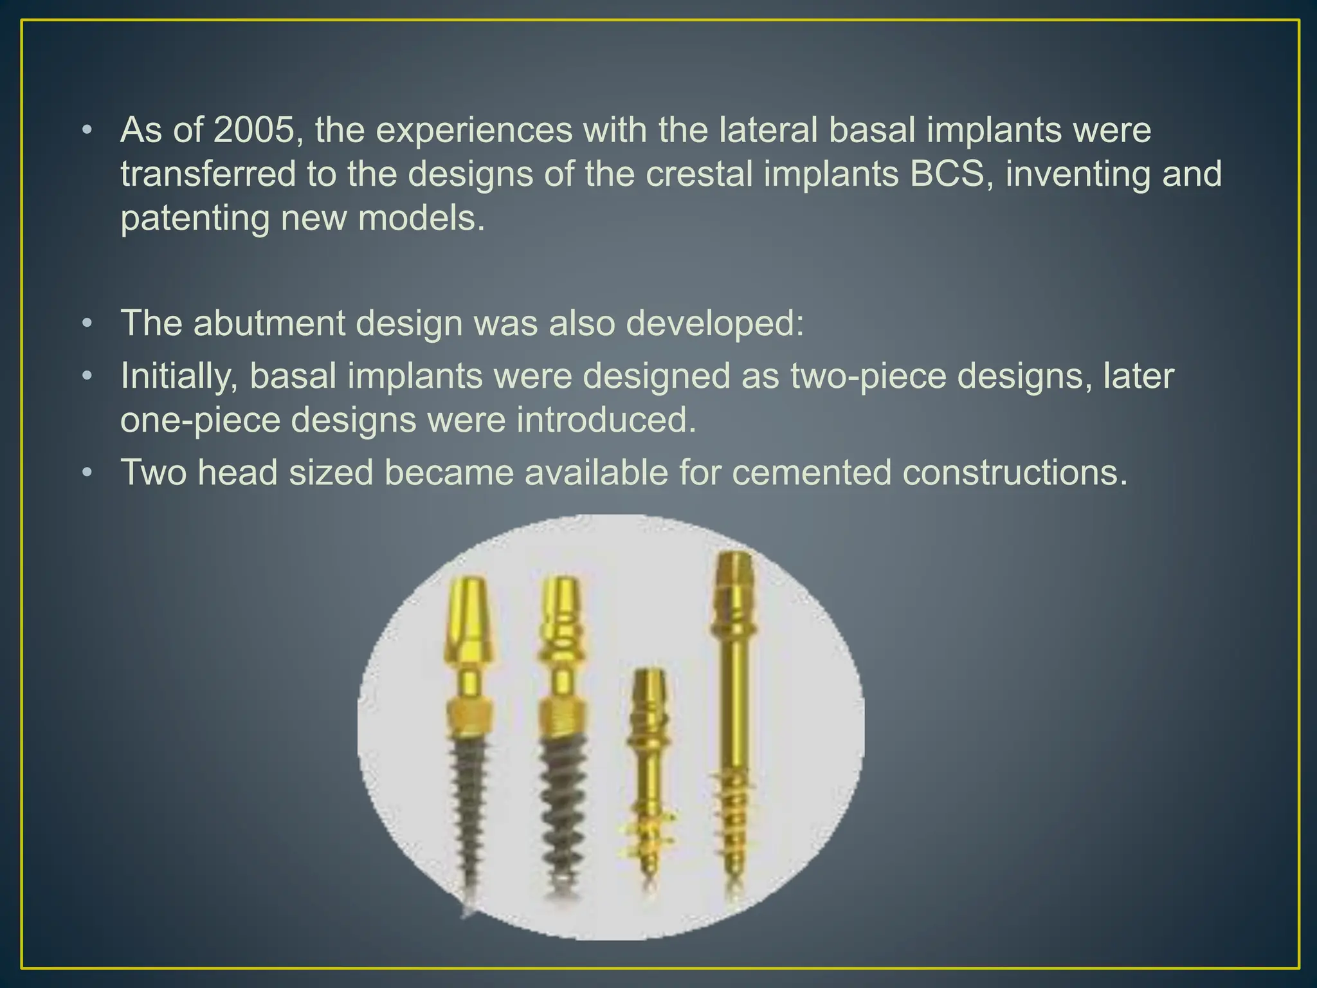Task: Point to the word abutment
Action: tap(269, 323)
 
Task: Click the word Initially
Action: tap(179, 376)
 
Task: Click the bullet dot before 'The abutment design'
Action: tap(87, 323)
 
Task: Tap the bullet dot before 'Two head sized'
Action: tap(87, 473)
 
